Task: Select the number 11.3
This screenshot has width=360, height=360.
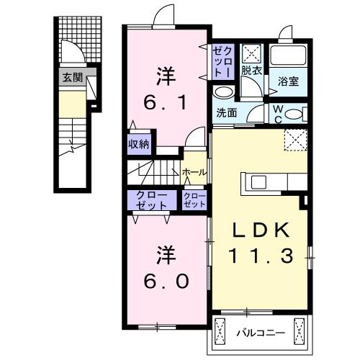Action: [261, 255]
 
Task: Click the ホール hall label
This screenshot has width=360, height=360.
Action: [195, 173]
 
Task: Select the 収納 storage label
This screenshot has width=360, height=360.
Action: [139, 143]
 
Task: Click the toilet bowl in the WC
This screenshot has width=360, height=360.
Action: [300, 113]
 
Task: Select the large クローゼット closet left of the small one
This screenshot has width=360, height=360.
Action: [149, 201]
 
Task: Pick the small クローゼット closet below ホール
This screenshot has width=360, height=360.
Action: [194, 201]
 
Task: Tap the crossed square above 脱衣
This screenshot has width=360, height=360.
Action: [251, 54]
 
